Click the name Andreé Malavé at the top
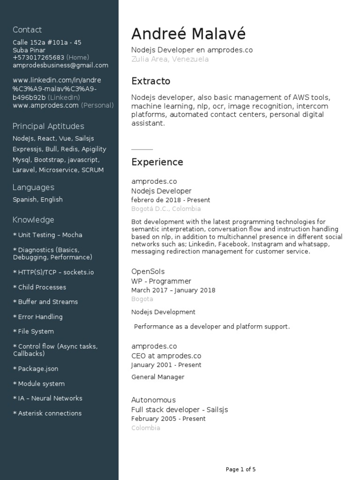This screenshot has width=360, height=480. [188, 34]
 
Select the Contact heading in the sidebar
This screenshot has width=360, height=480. [27, 30]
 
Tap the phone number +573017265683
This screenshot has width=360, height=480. [38, 58]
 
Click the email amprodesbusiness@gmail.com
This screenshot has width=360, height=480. [60, 65]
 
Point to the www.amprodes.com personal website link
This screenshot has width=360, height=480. [45, 105]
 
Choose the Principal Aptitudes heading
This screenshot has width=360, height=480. [48, 127]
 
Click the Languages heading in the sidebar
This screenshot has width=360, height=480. [33, 187]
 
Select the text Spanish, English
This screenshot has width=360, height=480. [37, 200]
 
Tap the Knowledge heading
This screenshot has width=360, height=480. [33, 220]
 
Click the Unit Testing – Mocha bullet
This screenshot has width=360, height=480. [47, 235]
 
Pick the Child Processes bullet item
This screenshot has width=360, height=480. [39, 287]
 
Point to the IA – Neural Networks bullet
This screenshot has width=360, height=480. [47, 398]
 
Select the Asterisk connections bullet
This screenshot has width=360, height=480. [47, 413]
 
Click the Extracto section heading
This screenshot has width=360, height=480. [150, 82]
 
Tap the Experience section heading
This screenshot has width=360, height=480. [157, 162]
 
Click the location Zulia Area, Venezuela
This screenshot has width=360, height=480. [170, 60]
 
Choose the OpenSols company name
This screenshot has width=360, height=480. [148, 271]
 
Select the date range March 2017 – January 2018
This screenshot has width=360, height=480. [173, 290]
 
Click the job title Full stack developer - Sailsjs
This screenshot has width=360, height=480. [180, 410]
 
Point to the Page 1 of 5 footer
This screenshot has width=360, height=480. [240, 469]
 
